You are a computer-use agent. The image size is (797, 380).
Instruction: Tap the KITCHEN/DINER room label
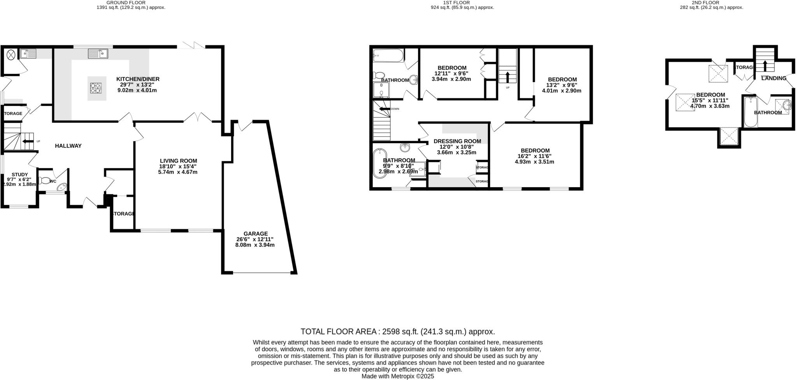[138, 79]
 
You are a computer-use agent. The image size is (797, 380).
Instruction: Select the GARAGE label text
[256, 234]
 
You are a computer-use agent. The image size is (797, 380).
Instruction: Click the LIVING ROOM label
[178, 161]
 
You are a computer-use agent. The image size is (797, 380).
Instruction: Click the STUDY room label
[19, 174]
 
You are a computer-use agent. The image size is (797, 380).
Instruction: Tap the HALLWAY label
[68, 146]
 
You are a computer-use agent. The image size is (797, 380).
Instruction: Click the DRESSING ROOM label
[457, 141]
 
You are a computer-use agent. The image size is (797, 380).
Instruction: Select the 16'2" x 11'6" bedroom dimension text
[535, 156]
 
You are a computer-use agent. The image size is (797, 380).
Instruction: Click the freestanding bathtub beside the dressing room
[378, 164]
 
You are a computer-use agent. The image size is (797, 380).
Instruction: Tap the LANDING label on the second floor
[774, 78]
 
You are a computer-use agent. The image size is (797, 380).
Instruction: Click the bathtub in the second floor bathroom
[750, 112]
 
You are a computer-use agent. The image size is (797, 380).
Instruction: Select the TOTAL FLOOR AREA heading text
[398, 332]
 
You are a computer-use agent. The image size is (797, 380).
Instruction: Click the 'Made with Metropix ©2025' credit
[398, 376]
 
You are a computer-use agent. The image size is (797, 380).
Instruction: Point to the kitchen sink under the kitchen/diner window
[98, 53]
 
